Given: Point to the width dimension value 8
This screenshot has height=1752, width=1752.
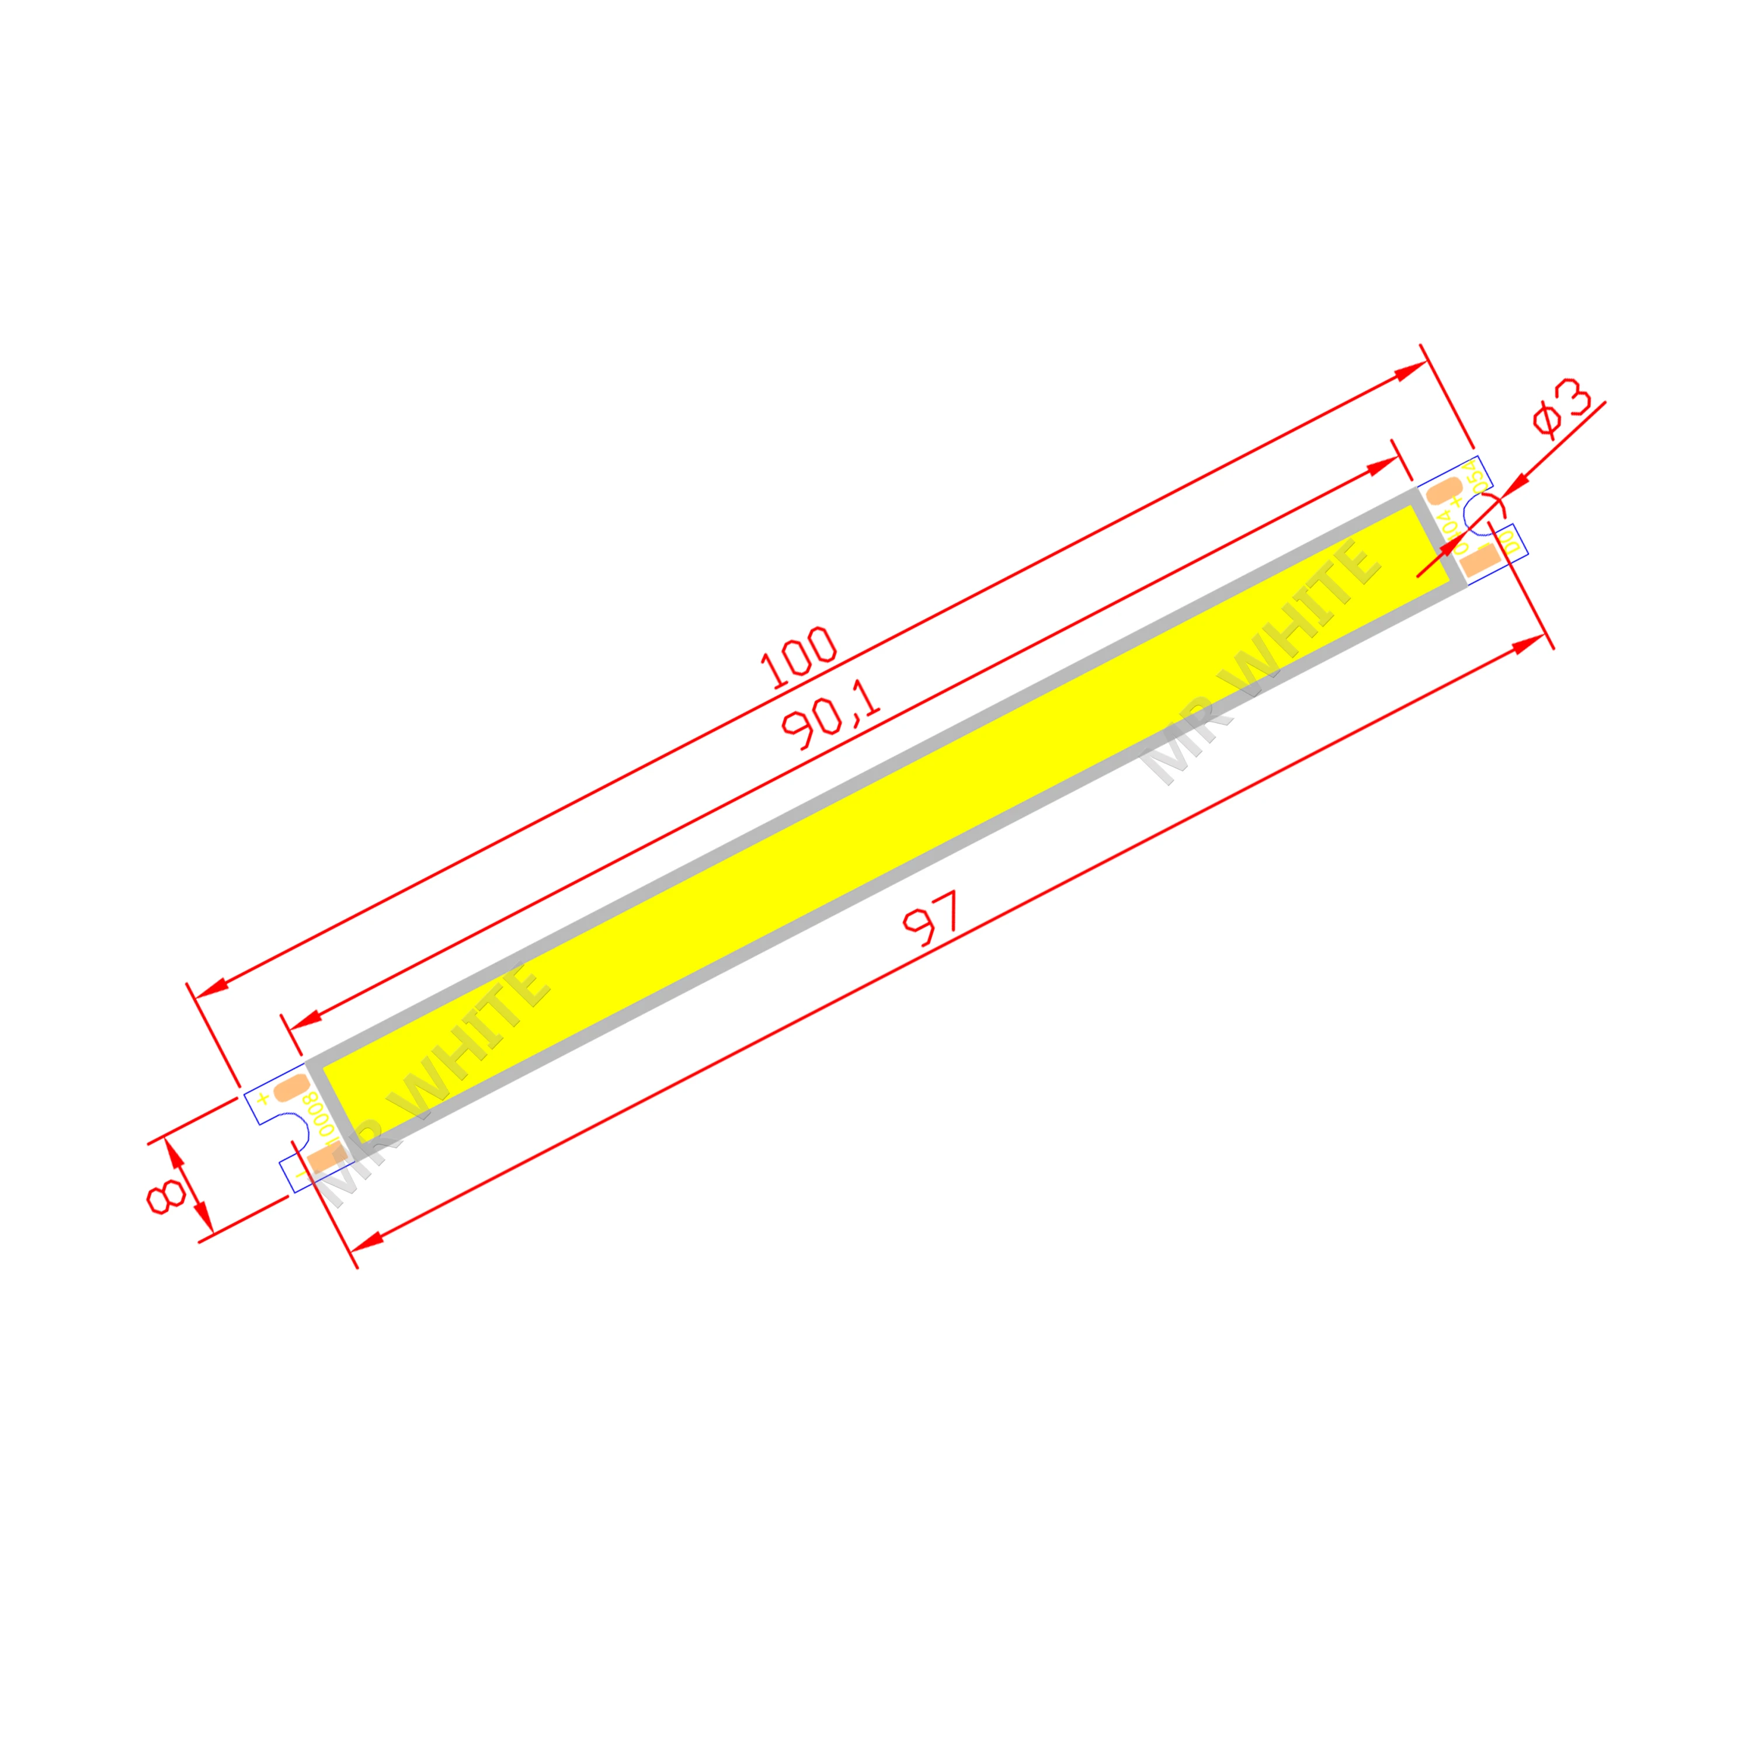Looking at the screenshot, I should point(167,1197).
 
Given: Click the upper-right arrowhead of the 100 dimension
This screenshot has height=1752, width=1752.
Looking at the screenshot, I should point(1411,370).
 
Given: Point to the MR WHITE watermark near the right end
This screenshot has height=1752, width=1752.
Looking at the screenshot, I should point(1260,662).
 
